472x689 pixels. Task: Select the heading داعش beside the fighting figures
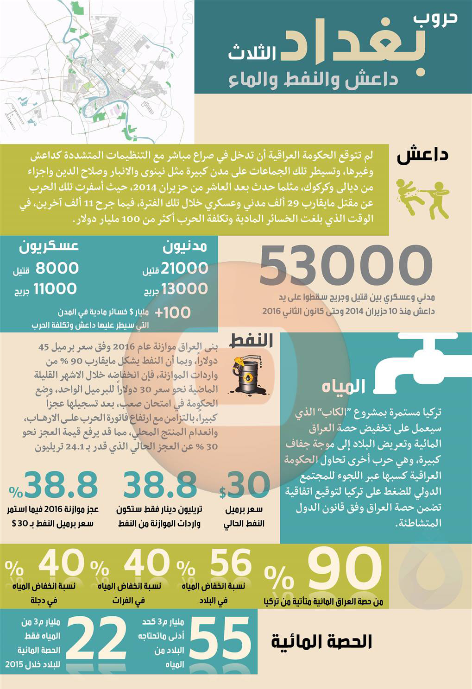422,155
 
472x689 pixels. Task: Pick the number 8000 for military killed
57,268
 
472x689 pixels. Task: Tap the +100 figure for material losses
173,313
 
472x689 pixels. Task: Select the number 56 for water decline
230,564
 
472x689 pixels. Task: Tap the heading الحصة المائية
321,641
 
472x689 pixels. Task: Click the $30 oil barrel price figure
245,486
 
